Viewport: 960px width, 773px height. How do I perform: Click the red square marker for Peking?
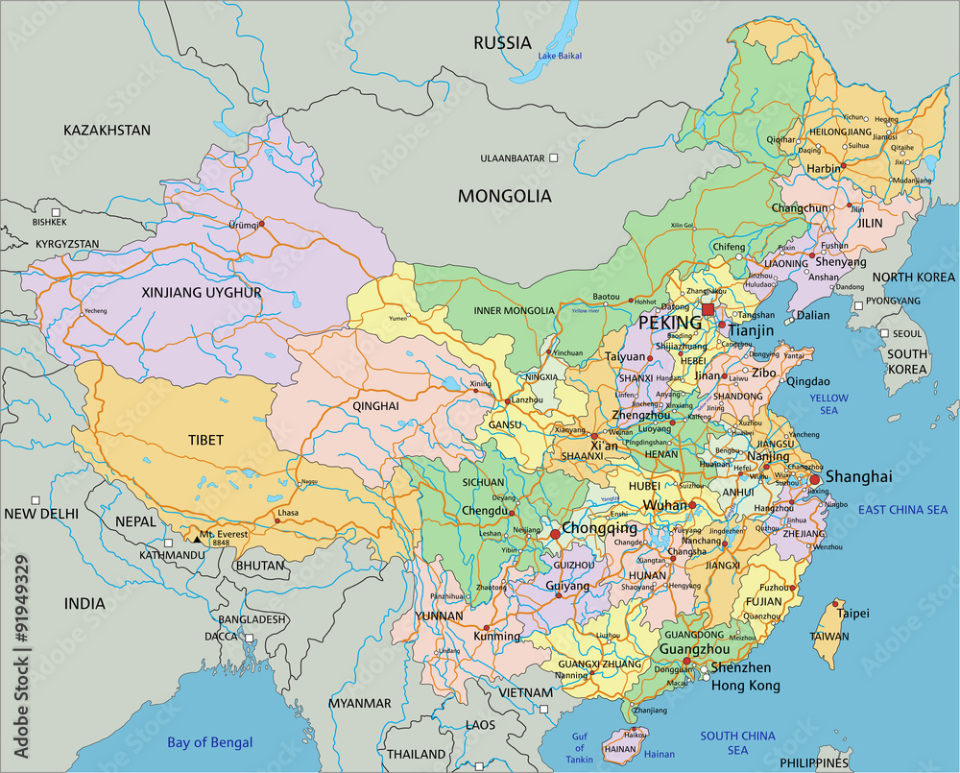708,309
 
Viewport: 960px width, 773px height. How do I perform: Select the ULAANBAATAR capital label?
513,157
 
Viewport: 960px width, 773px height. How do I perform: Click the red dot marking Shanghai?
815,479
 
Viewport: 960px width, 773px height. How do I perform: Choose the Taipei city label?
852,613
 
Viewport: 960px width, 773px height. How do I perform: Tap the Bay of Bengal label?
209,741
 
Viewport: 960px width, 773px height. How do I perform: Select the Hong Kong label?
745,686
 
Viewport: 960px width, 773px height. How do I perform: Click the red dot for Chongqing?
555,533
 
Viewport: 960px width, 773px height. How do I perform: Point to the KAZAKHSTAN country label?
107,130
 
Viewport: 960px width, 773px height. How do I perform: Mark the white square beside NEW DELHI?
36,500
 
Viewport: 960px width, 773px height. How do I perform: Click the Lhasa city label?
288,514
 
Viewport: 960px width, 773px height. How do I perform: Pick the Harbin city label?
822,169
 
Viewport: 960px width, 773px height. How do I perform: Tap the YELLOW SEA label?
828,403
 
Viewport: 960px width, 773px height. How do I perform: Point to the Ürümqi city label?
244,225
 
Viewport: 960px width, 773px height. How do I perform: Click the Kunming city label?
497,636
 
